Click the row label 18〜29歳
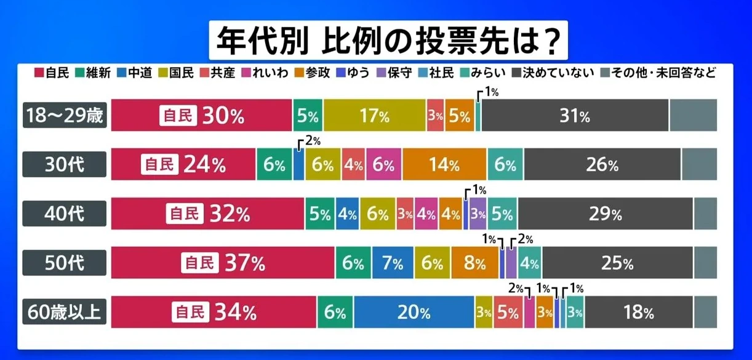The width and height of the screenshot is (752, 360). point(65,115)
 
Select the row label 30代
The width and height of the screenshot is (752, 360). point(65,164)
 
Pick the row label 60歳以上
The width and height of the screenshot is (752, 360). point(65,312)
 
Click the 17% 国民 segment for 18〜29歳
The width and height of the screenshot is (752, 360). point(375,115)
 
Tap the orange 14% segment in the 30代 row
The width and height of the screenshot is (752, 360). point(444,164)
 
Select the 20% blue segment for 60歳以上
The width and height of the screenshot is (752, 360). point(414,312)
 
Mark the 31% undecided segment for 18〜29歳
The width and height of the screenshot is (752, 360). point(575,115)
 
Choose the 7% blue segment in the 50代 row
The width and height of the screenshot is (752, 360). point(393,263)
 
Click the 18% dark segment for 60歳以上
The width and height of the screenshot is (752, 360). point(638,312)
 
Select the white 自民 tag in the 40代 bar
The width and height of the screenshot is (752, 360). point(184,214)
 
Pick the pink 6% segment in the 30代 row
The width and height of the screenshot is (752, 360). point(384,164)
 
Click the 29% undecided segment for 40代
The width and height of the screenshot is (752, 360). point(606,214)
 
